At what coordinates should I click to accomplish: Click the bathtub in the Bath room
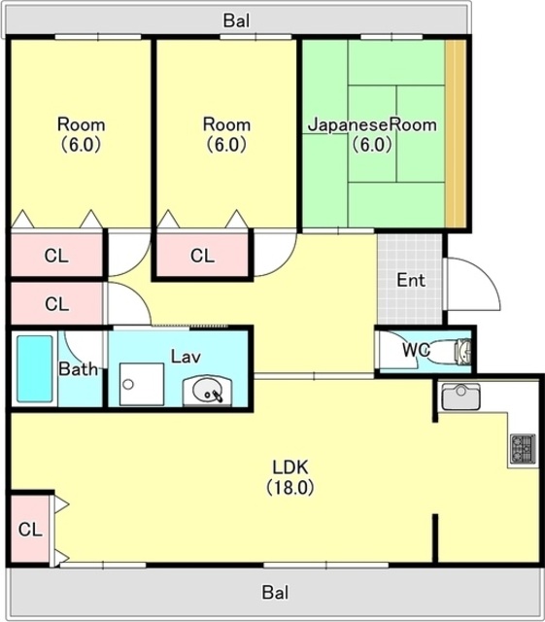pyautogui.click(x=35, y=368)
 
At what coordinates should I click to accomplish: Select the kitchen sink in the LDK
pyautogui.click(x=460, y=397)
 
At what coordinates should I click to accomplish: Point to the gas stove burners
pyautogui.click(x=524, y=449)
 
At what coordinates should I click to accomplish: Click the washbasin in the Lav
pyautogui.click(x=207, y=391)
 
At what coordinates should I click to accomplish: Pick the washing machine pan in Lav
pyautogui.click(x=142, y=384)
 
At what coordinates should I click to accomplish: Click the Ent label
pyautogui.click(x=411, y=280)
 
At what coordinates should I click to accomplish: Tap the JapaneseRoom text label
pyautogui.click(x=373, y=125)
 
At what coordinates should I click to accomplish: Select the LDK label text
pyautogui.click(x=290, y=467)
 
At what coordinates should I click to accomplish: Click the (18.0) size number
pyautogui.click(x=290, y=487)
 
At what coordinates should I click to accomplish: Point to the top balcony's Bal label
pyautogui.click(x=236, y=20)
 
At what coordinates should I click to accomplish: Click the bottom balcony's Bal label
pyautogui.click(x=275, y=593)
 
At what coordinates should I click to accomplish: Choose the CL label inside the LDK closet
pyautogui.click(x=30, y=529)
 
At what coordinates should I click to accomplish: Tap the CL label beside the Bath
pyautogui.click(x=56, y=304)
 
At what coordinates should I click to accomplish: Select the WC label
pyautogui.click(x=416, y=350)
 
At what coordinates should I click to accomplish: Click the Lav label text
pyautogui.click(x=186, y=357)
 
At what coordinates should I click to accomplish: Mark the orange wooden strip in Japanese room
pyautogui.click(x=456, y=134)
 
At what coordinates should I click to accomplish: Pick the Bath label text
pyautogui.click(x=78, y=369)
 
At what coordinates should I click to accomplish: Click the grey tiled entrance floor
pyautogui.click(x=409, y=279)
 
